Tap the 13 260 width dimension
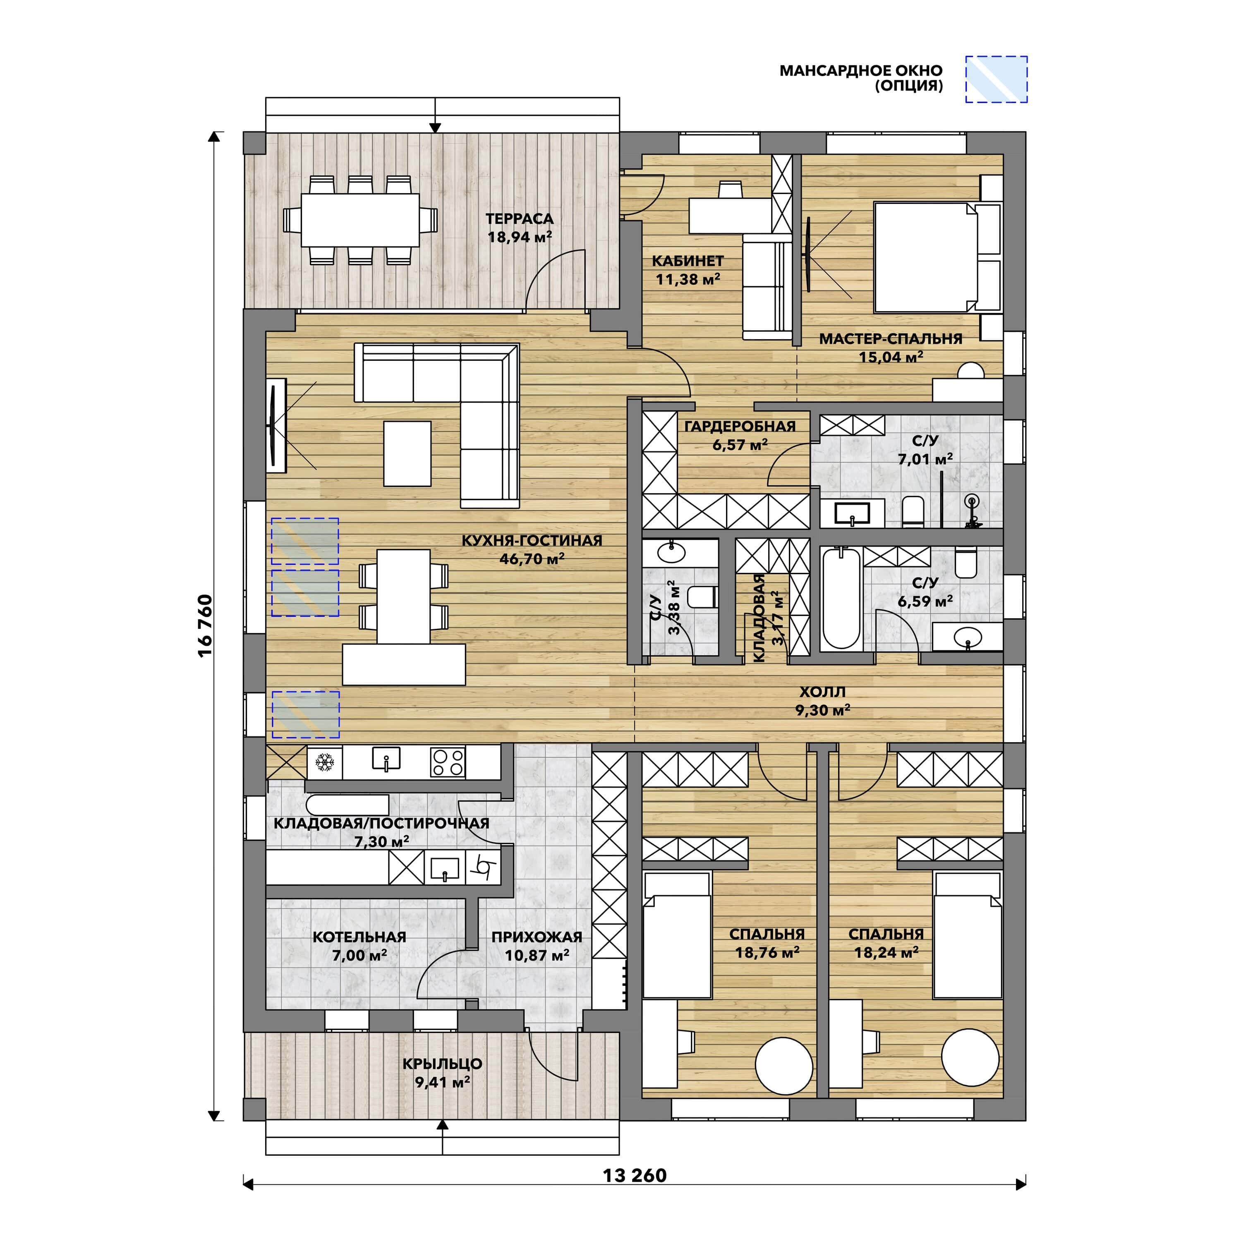coord(634,1176)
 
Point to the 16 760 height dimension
coord(205,625)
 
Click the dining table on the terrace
coord(360,220)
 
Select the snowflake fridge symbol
coord(324,762)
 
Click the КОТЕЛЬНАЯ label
coord(360,937)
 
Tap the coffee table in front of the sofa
coord(407,453)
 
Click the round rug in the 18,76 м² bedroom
coord(784,1066)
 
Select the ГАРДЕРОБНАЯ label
coord(740,426)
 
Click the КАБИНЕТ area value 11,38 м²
coord(688,279)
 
